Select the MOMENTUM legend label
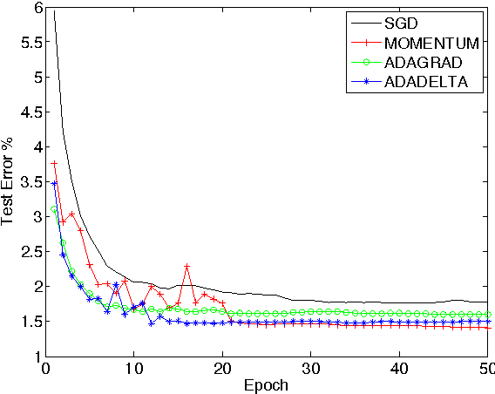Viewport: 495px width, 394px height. (x=436, y=41)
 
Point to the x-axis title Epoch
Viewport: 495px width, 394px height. (x=266, y=384)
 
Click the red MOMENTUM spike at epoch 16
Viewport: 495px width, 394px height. (x=186, y=266)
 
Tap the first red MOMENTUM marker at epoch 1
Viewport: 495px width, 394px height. (x=54, y=163)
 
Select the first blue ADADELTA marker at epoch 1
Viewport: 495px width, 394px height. (x=54, y=184)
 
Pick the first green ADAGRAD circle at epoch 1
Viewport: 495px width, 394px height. (x=54, y=209)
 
